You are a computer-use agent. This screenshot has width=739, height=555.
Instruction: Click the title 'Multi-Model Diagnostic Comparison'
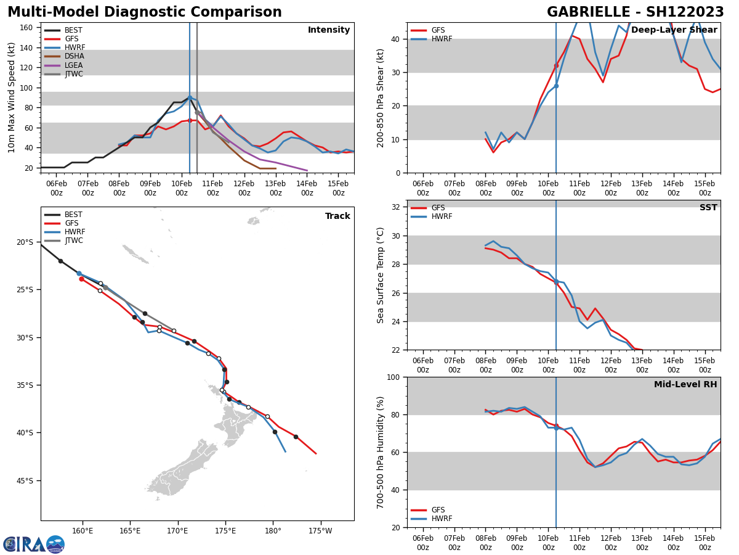(145, 12)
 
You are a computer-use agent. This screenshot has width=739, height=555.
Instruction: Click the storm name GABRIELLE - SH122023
(635, 12)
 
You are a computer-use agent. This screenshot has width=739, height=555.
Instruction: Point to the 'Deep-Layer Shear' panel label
(674, 30)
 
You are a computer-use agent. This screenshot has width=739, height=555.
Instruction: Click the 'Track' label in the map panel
(337, 216)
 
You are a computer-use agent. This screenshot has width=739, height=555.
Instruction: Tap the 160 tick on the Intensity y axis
(26, 28)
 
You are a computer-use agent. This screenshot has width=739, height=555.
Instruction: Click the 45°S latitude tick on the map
(25, 480)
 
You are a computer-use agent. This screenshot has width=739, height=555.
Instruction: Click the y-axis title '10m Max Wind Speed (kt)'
(12, 97)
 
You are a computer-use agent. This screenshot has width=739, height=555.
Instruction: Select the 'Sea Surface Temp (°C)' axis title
(381, 275)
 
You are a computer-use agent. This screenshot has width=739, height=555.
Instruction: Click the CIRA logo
(34, 544)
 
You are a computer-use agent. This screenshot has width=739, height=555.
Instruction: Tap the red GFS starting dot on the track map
(81, 279)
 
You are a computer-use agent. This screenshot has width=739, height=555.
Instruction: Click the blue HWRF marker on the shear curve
(556, 86)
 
